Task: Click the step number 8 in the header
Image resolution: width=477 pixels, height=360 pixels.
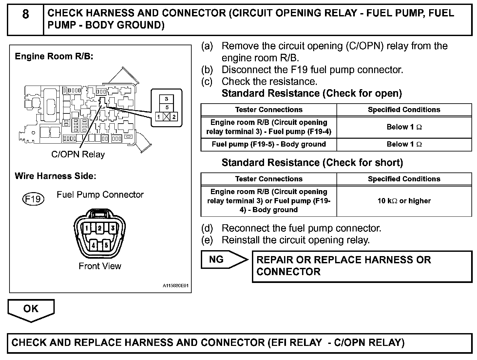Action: (x=26, y=14)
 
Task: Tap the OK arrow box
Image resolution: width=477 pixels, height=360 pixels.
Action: (x=31, y=309)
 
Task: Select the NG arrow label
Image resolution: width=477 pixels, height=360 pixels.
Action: (x=217, y=260)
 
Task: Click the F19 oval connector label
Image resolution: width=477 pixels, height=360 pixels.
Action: (x=33, y=199)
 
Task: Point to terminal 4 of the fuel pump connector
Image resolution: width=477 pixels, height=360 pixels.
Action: (x=93, y=245)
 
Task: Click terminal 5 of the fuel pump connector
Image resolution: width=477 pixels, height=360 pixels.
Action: (x=106, y=245)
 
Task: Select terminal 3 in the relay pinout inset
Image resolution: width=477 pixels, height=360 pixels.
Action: (x=167, y=99)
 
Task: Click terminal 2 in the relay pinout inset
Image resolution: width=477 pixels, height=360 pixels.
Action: (x=174, y=117)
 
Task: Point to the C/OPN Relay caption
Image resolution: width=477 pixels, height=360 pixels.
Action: (x=78, y=154)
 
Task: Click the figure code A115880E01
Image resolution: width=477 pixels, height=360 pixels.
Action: (x=176, y=286)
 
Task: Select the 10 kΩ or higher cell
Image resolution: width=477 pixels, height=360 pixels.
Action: (x=404, y=201)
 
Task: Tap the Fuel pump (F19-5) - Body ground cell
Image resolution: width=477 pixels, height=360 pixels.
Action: (x=269, y=144)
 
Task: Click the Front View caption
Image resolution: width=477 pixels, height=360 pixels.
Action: (x=100, y=266)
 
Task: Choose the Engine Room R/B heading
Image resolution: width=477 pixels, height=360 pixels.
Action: (x=54, y=56)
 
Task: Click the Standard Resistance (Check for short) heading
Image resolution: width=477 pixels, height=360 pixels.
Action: (x=312, y=163)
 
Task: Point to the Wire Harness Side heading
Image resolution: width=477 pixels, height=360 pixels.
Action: (x=55, y=176)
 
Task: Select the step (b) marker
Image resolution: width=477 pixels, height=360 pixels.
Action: (x=207, y=70)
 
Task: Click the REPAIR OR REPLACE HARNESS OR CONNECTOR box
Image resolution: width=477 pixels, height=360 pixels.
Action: (x=362, y=266)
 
